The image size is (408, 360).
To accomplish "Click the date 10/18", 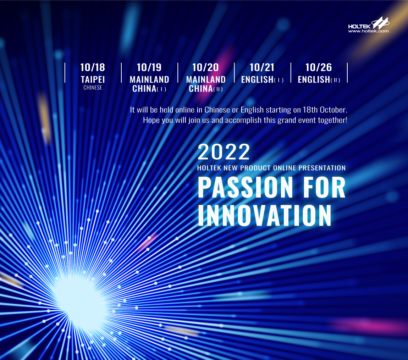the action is [93, 67].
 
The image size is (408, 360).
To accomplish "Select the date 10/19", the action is [149, 67].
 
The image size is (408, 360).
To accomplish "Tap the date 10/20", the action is [205, 67].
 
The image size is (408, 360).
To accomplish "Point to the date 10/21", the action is [262, 67].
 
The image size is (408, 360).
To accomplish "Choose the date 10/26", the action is [319, 67].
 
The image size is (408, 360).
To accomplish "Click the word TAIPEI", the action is [93, 79].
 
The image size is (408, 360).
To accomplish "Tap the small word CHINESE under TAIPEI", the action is [93, 88].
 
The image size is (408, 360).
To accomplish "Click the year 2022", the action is [224, 152].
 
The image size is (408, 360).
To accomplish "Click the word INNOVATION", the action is [265, 215].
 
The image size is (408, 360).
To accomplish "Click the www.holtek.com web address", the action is [369, 31].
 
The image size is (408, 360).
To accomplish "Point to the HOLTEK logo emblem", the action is [380, 23].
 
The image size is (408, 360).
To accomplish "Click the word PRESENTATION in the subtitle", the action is [322, 168].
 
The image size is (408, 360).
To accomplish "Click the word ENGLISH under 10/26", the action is [314, 79].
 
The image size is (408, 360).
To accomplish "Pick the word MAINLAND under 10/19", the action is [149, 79].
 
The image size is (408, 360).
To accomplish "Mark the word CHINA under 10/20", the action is [200, 89].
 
